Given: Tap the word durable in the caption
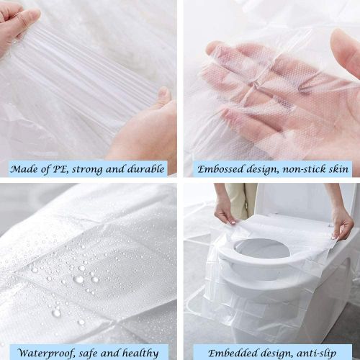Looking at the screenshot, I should tap(144, 170).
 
